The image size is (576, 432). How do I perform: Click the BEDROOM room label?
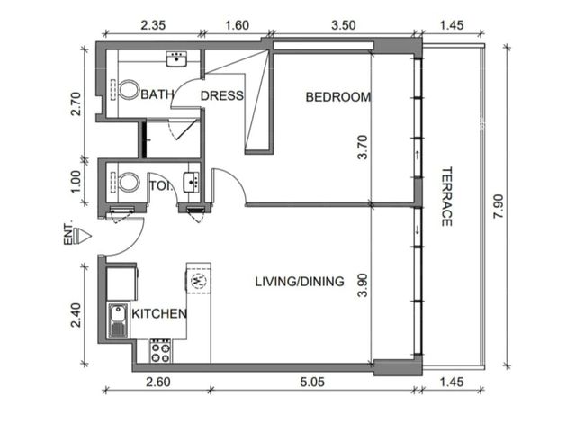(x=338, y=97)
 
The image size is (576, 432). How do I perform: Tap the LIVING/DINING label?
(x=300, y=282)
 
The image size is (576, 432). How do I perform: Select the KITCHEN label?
(x=159, y=314)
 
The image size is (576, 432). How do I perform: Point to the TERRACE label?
(x=446, y=197)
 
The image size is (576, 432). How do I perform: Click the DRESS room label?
(x=222, y=96)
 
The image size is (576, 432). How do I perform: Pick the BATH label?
(x=157, y=94)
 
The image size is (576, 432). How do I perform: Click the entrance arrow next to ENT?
(x=82, y=236)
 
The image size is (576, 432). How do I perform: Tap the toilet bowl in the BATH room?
(x=128, y=90)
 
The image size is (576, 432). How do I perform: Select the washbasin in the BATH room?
(x=176, y=58)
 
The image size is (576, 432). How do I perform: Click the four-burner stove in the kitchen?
(x=161, y=351)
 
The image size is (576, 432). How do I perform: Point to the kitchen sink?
(x=118, y=320)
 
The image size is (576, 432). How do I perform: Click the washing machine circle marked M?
(x=199, y=280)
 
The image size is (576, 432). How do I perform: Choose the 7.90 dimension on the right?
(x=499, y=206)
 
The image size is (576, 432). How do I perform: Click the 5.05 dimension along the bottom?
(x=312, y=382)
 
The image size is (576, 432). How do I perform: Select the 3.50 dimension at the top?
(x=344, y=25)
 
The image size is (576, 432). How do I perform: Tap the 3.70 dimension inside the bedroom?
(x=363, y=147)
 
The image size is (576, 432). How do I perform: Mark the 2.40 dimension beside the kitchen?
(x=76, y=314)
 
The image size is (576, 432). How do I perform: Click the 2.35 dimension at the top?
(x=153, y=25)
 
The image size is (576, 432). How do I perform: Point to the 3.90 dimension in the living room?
(x=363, y=285)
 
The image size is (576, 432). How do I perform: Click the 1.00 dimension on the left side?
(x=76, y=182)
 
